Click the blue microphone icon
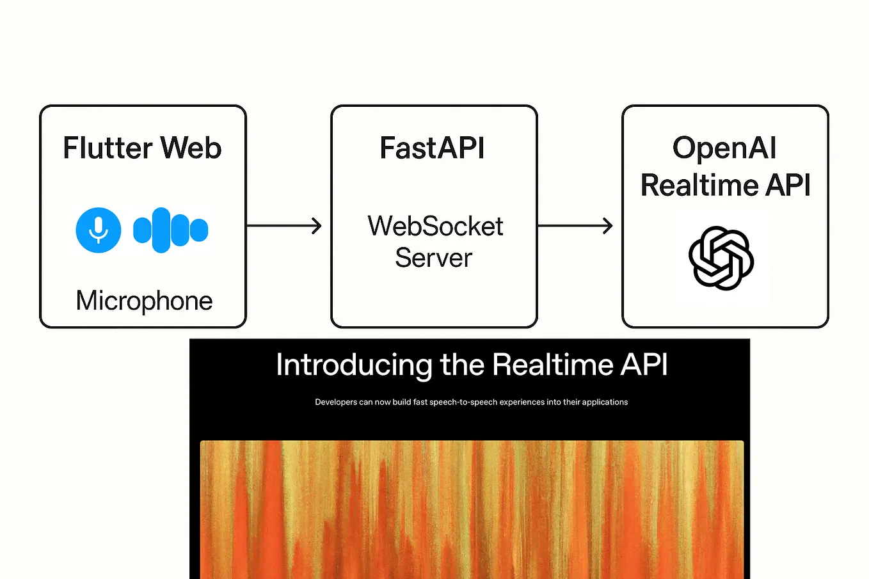(x=98, y=230)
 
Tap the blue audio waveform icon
(x=170, y=230)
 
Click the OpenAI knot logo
(x=721, y=258)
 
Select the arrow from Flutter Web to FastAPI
(x=283, y=225)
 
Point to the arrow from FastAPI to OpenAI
(x=575, y=225)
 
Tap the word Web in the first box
(x=191, y=148)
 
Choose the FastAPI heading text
(x=433, y=148)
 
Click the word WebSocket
(x=435, y=226)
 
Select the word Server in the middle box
(x=433, y=258)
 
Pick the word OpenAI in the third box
(x=724, y=148)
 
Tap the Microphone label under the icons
(x=144, y=301)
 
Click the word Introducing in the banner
(x=354, y=365)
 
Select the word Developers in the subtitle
(x=335, y=402)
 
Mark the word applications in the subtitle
(x=605, y=402)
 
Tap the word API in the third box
(x=788, y=186)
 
